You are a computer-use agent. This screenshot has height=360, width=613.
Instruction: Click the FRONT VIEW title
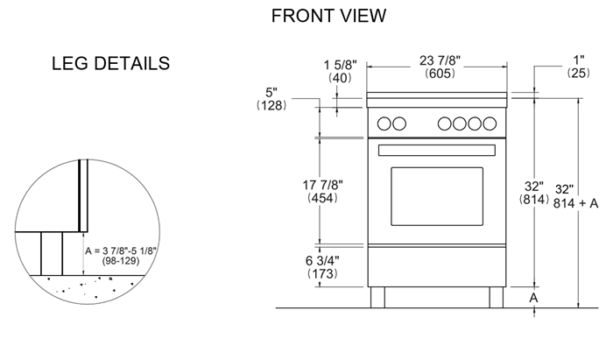pos(328,16)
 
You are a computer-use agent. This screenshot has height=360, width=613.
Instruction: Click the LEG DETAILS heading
pos(110,63)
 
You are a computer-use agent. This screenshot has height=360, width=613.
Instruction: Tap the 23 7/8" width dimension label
pos(440,60)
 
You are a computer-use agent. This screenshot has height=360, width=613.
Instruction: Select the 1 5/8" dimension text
pos(340,65)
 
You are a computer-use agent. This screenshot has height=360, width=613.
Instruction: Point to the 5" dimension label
pos(271,93)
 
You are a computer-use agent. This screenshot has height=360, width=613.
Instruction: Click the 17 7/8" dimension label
pos(323,185)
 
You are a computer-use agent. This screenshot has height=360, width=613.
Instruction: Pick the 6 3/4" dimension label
pos(322,260)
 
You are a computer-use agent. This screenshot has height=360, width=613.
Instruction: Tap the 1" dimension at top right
pos(579,60)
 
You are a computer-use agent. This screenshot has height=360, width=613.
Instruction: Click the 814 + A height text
pos(575,203)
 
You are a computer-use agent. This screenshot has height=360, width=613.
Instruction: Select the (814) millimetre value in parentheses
pos(534,200)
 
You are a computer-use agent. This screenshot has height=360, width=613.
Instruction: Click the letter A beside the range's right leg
pos(533,298)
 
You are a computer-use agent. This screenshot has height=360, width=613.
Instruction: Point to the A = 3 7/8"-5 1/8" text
pos(121,251)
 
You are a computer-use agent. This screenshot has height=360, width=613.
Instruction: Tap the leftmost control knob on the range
pos(384,124)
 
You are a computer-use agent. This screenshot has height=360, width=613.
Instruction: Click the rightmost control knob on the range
pos(490,124)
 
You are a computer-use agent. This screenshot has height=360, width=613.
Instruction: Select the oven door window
pos(437,196)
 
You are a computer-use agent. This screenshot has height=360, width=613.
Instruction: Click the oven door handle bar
pos(437,151)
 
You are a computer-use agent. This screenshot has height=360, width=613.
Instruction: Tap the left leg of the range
pos(377,298)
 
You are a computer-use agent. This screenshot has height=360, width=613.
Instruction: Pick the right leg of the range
pos(497,298)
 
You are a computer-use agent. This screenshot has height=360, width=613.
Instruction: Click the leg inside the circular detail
pos(52,254)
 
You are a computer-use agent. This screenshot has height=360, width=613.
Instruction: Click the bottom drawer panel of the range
pos(437,266)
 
